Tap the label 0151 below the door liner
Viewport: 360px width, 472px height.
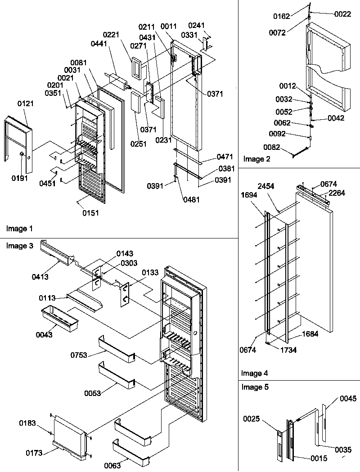click(x=90, y=213)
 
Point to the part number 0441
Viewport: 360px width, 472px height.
click(x=99, y=43)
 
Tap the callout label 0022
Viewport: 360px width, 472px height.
click(x=342, y=15)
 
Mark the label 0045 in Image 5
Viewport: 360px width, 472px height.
click(x=348, y=398)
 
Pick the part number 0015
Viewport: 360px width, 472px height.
click(x=319, y=458)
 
